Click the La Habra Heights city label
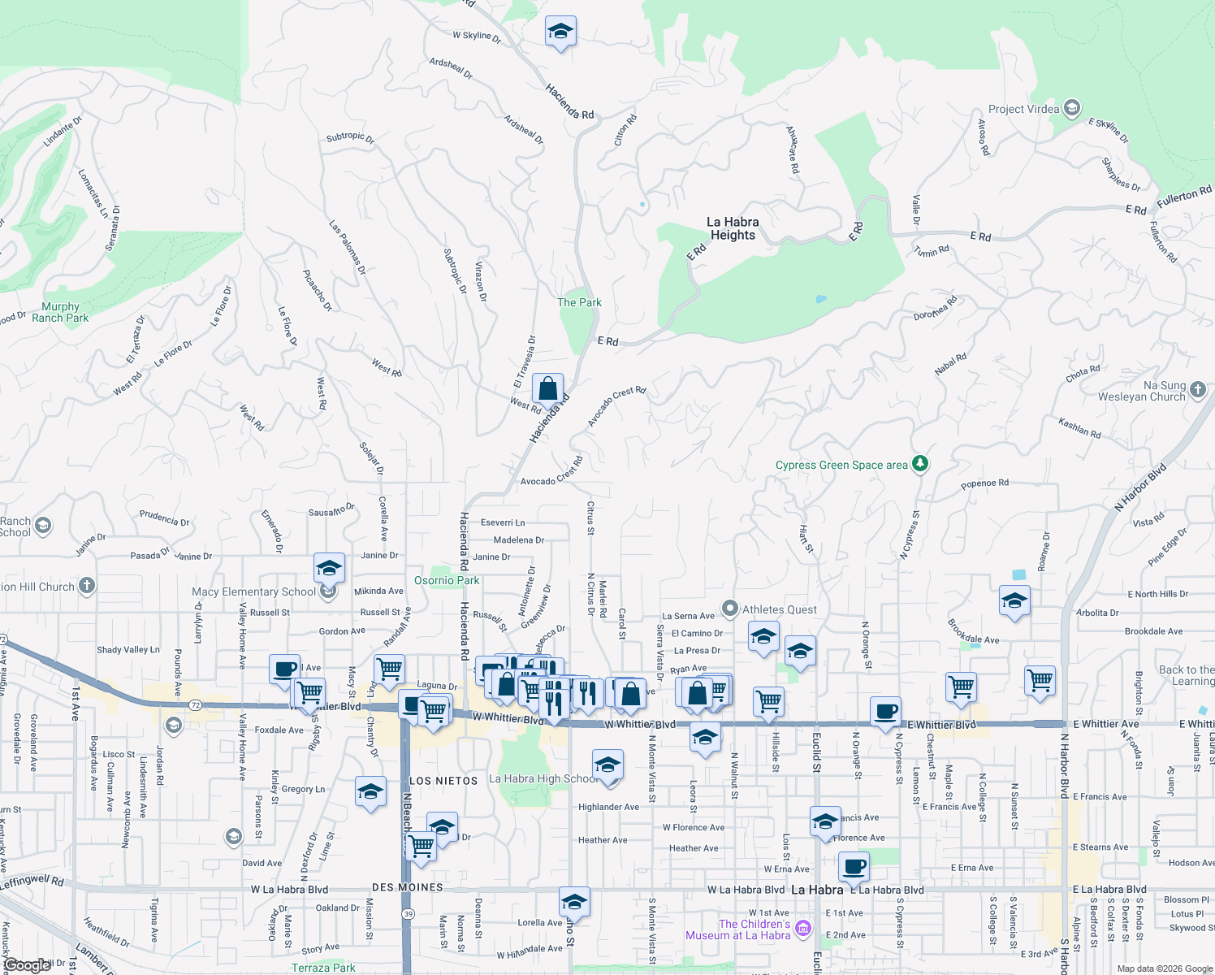coord(733,228)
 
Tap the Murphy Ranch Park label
coord(60,312)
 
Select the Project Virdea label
coord(1023,109)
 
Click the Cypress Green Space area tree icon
coord(919,464)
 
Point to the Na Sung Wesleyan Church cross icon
coord(1198,390)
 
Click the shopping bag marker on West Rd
coord(548,389)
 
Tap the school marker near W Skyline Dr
coord(560,32)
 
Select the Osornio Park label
coord(447,580)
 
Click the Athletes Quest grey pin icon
coord(729,609)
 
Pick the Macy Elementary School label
coord(253,591)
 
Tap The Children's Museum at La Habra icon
coord(803,928)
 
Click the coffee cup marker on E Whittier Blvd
coord(886,712)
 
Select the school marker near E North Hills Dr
coord(1014,601)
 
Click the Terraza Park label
coord(323,967)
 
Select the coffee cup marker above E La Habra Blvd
coord(854,867)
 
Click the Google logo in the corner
coord(28,965)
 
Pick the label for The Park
coord(579,302)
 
